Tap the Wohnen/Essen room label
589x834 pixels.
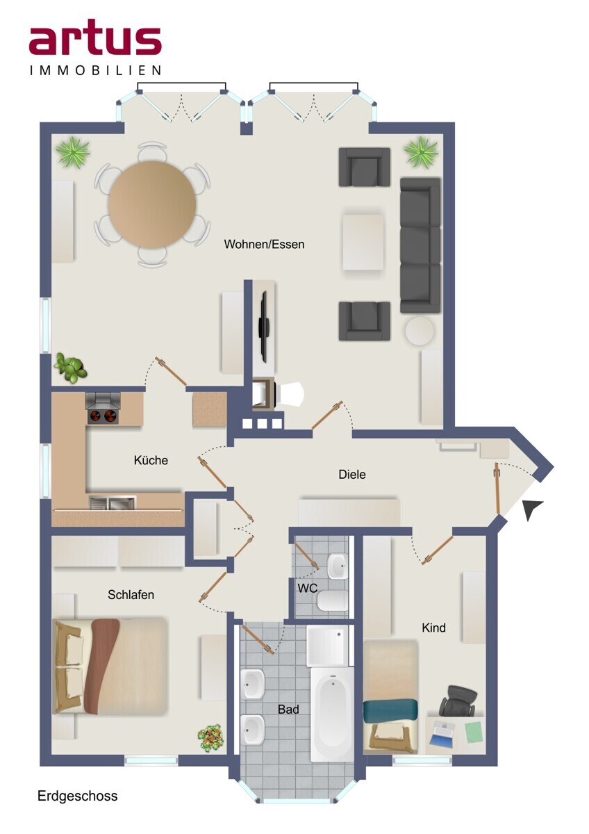(x=264, y=244)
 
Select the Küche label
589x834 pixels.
(x=151, y=460)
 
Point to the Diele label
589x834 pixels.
(x=352, y=474)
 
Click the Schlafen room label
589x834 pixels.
(x=131, y=595)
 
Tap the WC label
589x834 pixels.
(x=307, y=588)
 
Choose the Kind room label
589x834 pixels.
(x=433, y=628)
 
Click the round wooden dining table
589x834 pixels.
(x=152, y=204)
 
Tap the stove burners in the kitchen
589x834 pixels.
(x=103, y=416)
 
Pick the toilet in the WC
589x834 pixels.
(x=332, y=600)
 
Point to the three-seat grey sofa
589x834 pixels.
(x=420, y=245)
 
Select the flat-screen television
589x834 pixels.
(x=265, y=327)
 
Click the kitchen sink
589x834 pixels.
(x=113, y=503)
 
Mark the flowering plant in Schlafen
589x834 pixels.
(x=210, y=737)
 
